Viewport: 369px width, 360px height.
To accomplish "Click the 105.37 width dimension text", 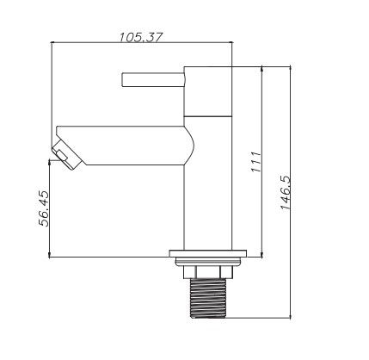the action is (141, 38).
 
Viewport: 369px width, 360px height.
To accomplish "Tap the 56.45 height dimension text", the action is (44, 208).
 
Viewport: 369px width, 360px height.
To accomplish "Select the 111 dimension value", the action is (256, 162).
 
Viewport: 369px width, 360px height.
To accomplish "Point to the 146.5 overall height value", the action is (286, 193).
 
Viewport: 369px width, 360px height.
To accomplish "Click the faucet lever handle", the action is (153, 79).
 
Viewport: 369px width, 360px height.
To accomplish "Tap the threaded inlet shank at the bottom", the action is (208, 298).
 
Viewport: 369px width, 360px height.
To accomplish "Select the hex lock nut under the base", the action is (208, 272).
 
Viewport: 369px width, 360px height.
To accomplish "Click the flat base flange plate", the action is (208, 254).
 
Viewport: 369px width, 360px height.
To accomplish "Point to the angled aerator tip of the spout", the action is (67, 155).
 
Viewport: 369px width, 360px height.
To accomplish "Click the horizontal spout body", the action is (123, 146).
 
